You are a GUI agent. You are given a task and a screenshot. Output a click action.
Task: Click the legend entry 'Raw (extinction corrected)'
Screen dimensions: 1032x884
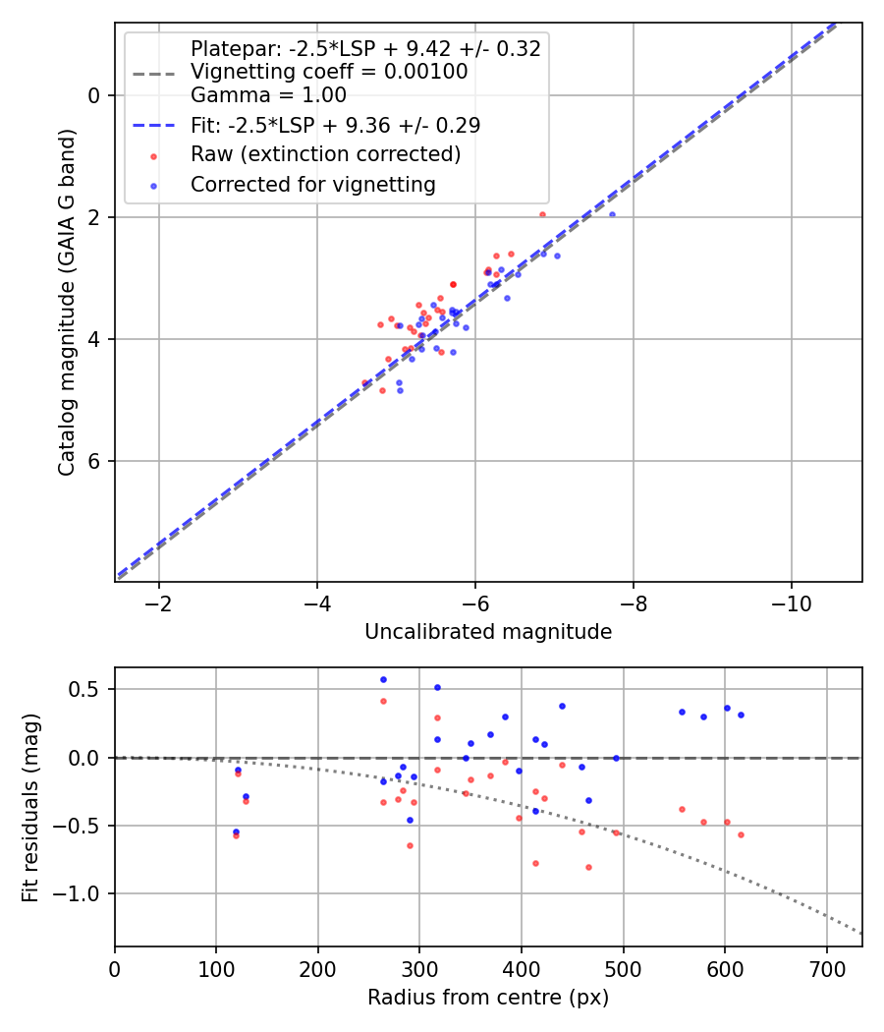(325, 155)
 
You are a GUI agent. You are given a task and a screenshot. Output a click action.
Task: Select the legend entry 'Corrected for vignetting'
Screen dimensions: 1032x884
(312, 185)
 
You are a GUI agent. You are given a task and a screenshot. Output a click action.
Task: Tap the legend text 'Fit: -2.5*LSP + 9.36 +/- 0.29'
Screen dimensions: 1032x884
(335, 126)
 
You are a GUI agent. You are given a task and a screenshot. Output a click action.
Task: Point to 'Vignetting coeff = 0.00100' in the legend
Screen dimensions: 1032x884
(329, 72)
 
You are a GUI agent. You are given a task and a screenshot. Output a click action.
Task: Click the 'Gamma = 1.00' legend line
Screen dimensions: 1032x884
(268, 95)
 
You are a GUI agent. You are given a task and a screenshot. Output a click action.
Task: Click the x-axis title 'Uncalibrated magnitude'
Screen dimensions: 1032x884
(488, 632)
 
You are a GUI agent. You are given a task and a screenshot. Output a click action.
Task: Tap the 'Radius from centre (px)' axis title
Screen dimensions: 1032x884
(488, 998)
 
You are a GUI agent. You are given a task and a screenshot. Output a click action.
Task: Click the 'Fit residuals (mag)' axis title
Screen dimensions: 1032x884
(30, 807)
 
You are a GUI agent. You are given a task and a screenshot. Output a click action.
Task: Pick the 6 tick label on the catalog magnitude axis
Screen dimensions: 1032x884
(95, 461)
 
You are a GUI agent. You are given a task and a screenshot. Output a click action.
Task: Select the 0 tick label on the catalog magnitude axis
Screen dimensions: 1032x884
(95, 95)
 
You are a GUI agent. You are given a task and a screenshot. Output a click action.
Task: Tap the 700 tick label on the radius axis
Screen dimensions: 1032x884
(826, 967)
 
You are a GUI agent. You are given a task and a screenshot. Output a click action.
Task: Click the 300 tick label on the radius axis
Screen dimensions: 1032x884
(419, 967)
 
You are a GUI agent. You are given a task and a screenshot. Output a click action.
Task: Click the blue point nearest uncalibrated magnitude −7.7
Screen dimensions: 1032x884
(612, 214)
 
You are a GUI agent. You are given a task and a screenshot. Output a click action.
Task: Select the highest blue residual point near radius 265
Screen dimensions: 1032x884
(383, 679)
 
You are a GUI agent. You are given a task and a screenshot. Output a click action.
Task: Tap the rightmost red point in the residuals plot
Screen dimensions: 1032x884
(741, 834)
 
